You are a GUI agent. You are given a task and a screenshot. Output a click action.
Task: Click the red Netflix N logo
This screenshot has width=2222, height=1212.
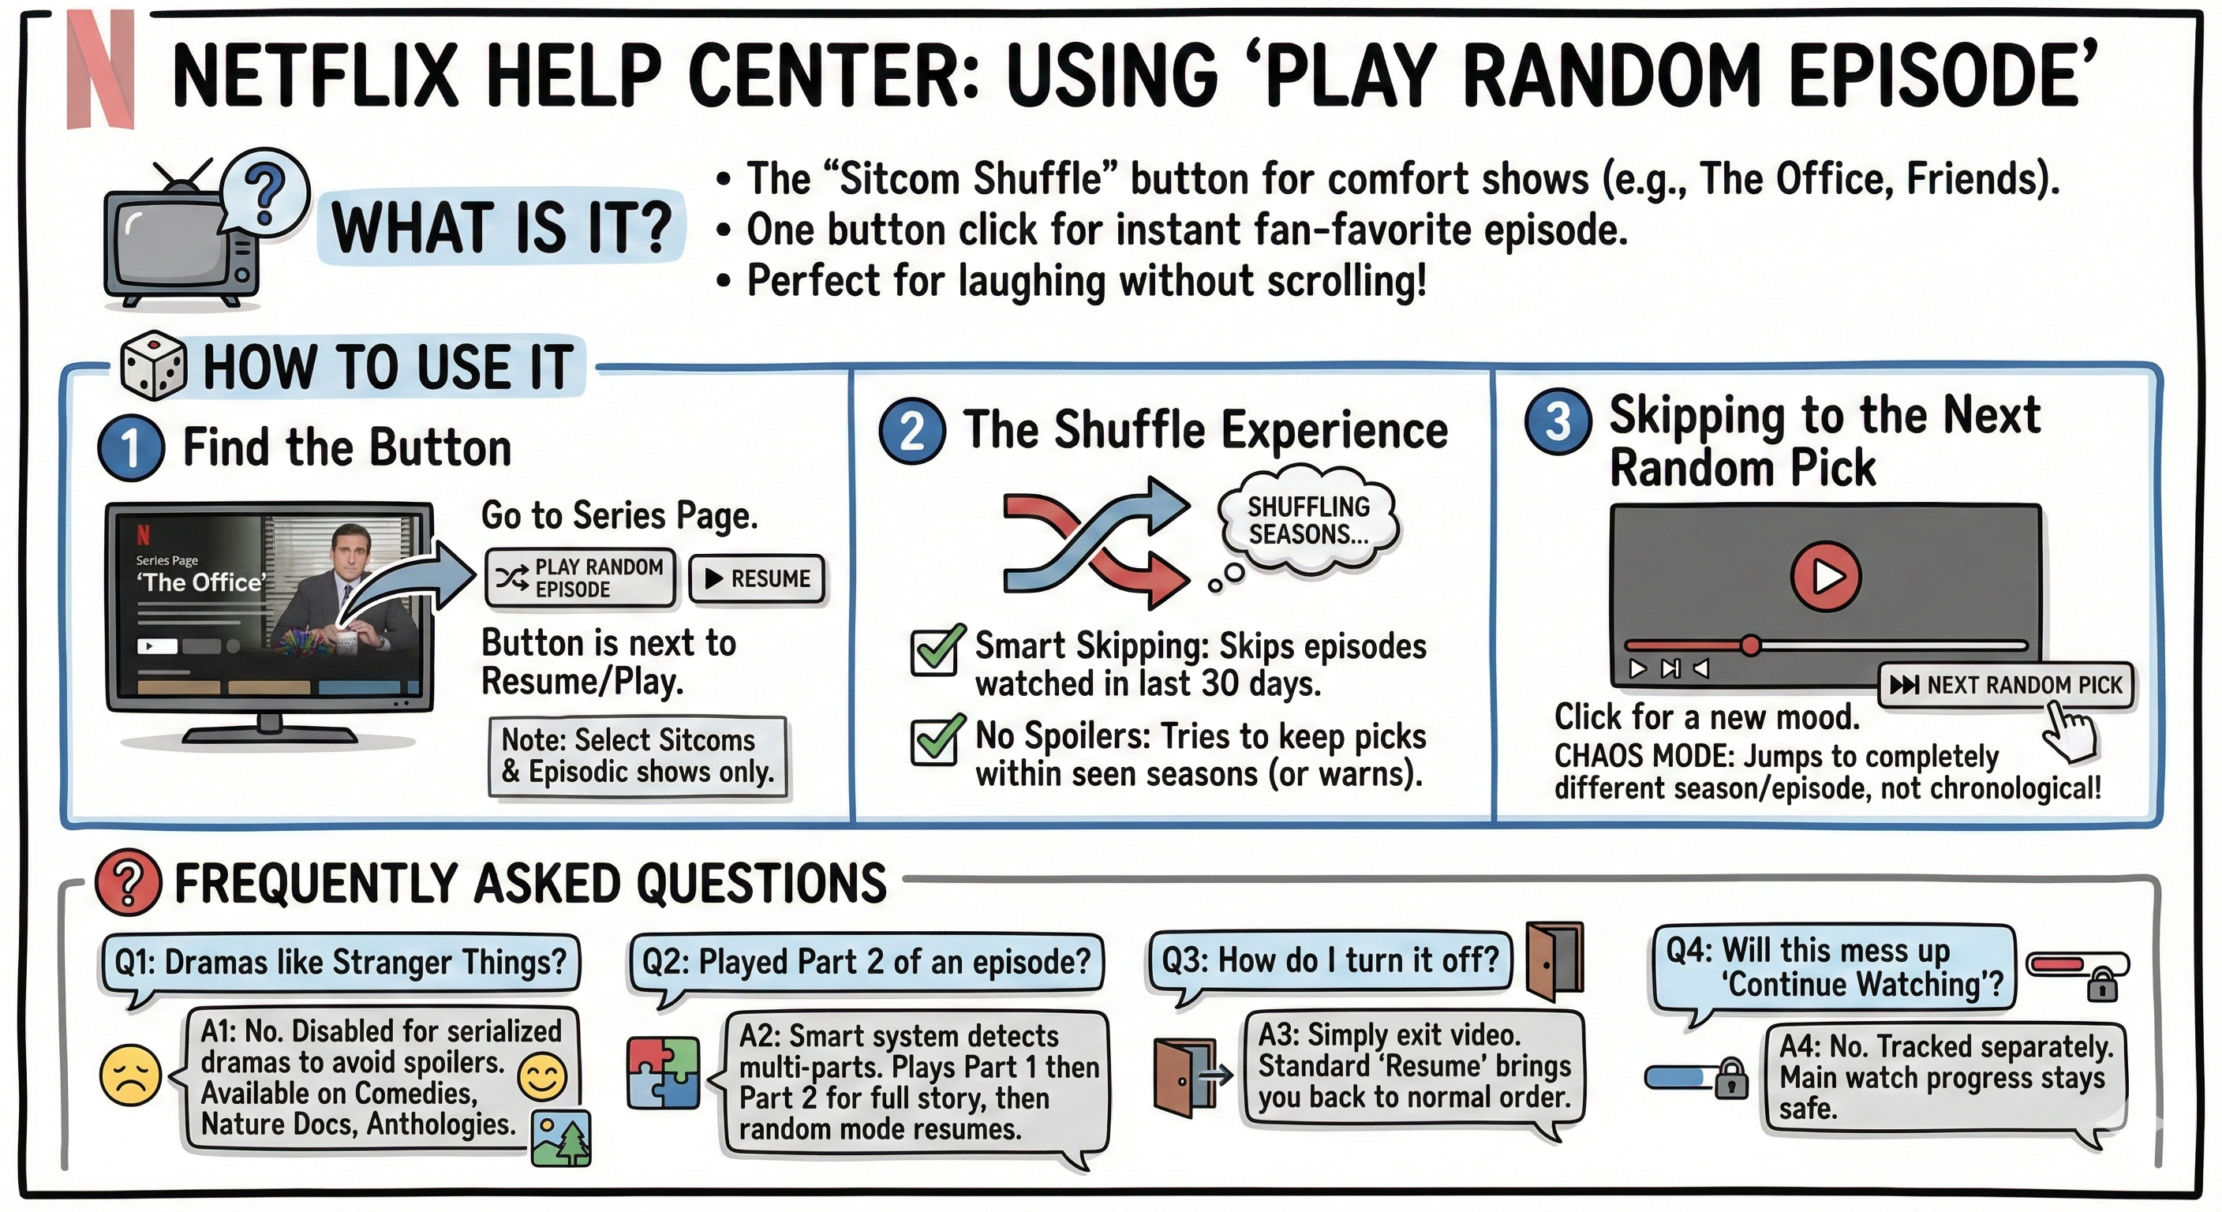click(x=101, y=69)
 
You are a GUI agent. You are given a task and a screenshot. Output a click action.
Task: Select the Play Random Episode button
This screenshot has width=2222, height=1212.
click(x=582, y=578)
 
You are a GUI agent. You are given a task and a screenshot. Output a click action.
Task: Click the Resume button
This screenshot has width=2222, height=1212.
click(x=757, y=579)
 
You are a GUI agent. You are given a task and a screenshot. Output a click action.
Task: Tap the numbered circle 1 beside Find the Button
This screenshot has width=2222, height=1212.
click(x=131, y=447)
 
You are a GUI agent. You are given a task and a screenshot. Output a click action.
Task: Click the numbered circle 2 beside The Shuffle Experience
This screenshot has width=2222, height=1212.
click(x=911, y=432)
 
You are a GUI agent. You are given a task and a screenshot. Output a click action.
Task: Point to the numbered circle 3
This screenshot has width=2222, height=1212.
click(x=1558, y=422)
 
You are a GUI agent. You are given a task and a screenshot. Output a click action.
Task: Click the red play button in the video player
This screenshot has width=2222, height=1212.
click(x=1825, y=576)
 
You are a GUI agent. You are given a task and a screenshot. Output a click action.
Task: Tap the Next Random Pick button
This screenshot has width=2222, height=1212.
click(x=2005, y=686)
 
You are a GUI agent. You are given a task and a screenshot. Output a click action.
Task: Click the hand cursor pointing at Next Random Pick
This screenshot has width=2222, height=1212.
click(x=2070, y=732)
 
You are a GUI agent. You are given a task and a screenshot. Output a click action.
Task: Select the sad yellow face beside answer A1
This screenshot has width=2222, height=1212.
click(x=131, y=1075)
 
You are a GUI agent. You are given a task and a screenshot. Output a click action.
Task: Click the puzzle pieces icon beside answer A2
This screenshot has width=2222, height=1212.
click(x=664, y=1072)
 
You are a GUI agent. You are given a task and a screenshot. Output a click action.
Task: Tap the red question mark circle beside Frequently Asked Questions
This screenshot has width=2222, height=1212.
click(x=128, y=882)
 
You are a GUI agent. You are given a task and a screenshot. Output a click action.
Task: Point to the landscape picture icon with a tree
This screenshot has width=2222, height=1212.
click(x=562, y=1139)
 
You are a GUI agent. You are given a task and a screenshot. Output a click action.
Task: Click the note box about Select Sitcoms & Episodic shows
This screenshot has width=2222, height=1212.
click(x=638, y=757)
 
